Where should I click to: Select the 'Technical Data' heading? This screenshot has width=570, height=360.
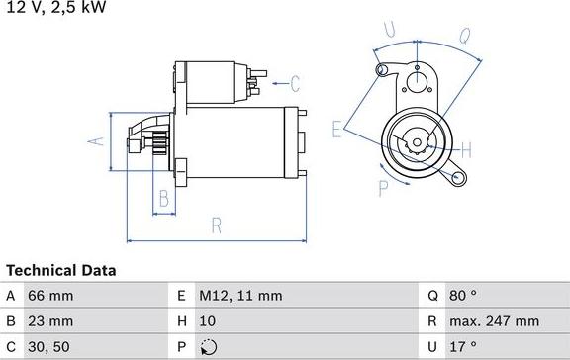coord(61,270)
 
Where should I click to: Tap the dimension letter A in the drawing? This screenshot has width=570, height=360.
coord(96,142)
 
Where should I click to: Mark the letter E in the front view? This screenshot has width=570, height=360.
coord(337,127)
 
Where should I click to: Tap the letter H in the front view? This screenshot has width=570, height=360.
coord(466,150)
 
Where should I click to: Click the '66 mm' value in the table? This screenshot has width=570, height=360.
coord(50,296)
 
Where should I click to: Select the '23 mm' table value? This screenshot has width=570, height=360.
coord(50,321)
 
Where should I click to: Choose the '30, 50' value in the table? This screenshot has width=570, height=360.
coord(49,347)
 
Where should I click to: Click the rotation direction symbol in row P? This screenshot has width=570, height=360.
coord(206,347)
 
